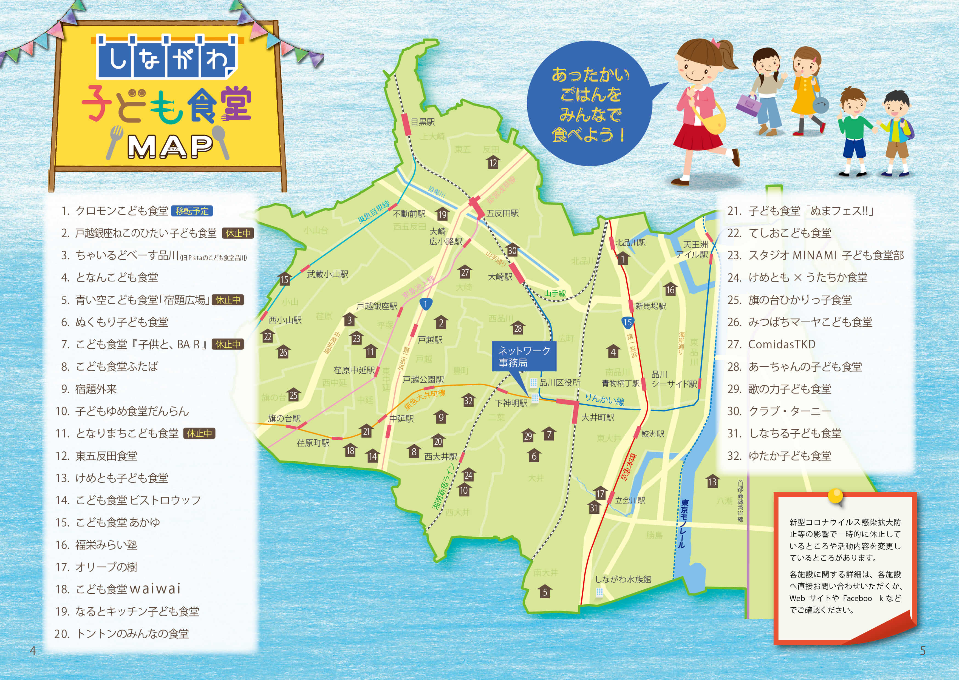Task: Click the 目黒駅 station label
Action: click(x=422, y=122)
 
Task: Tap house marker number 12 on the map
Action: click(x=493, y=163)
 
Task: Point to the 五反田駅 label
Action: click(x=502, y=214)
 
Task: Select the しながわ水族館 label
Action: click(x=623, y=579)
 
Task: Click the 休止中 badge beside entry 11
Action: click(x=199, y=433)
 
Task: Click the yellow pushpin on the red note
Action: click(x=835, y=497)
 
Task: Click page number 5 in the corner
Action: click(x=923, y=651)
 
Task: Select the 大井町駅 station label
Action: click(x=598, y=417)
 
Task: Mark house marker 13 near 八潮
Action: click(x=712, y=482)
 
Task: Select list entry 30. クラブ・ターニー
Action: click(x=779, y=411)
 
